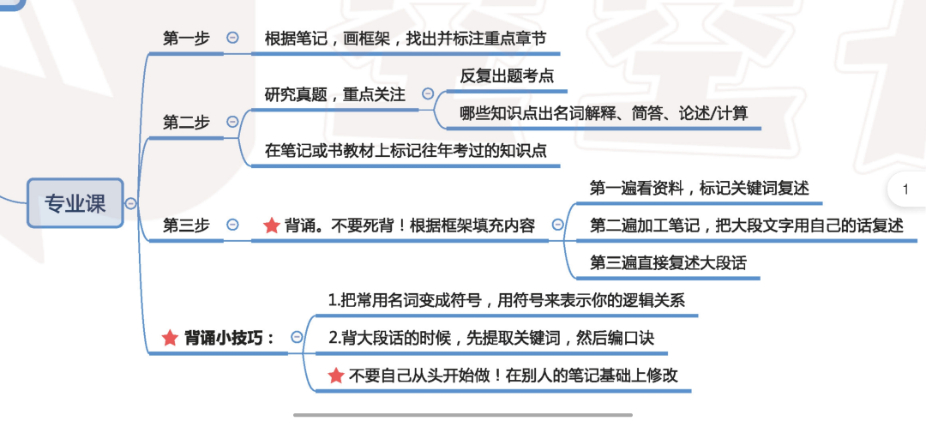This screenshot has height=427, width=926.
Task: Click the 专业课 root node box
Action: [x=75, y=203]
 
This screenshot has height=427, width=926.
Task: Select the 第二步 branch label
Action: [x=186, y=123]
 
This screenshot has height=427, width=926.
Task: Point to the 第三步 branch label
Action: [x=186, y=226]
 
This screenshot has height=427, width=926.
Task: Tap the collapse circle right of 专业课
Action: [x=130, y=203]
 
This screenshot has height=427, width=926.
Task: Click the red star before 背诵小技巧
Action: [x=170, y=338]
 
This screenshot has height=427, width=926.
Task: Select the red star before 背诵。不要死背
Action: [x=271, y=226]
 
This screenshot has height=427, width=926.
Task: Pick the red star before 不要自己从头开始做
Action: [x=337, y=376]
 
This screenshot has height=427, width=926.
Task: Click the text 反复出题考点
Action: [x=507, y=75]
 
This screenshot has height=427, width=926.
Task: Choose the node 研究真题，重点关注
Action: [x=334, y=94]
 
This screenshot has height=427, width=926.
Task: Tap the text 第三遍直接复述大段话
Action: [x=668, y=262]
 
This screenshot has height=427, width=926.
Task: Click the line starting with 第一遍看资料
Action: [x=699, y=188]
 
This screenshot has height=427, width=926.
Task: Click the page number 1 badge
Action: [x=905, y=190]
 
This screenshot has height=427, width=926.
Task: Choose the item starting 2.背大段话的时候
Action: [x=491, y=338]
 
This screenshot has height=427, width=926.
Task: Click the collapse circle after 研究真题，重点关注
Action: [x=428, y=94]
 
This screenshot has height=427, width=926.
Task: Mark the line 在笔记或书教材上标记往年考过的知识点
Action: [x=405, y=151]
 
